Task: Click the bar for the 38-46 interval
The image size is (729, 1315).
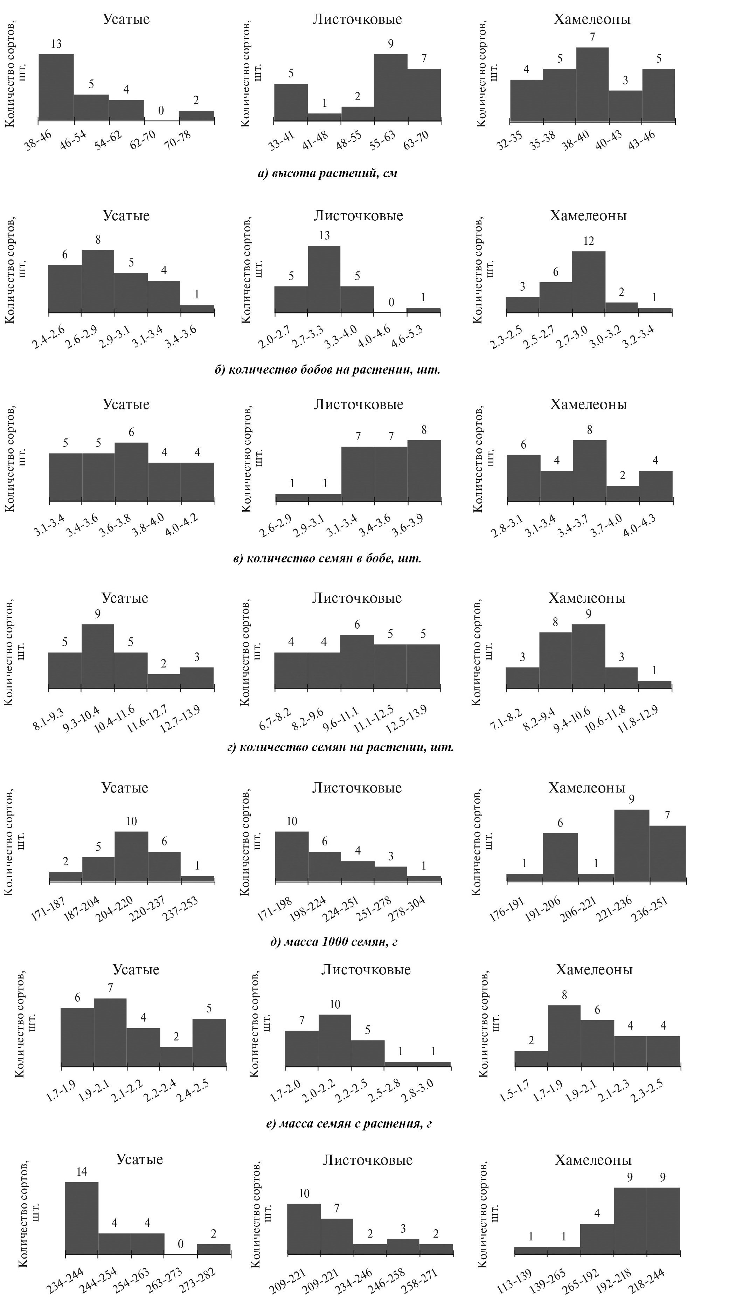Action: pyautogui.click(x=56, y=87)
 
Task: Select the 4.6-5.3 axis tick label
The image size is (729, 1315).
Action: pyautogui.click(x=407, y=337)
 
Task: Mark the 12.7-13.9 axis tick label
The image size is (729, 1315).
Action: pyautogui.click(x=180, y=719)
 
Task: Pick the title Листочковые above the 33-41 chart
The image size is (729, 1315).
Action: pyautogui.click(x=357, y=19)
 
